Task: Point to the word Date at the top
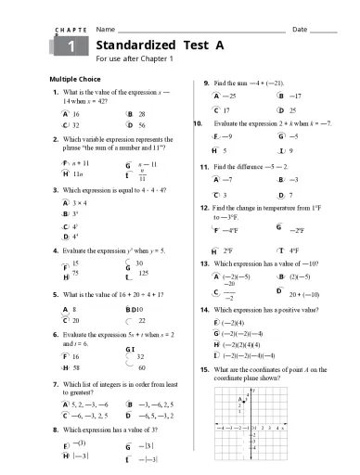(300, 29)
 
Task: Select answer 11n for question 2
(77, 173)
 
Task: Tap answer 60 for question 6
(142, 367)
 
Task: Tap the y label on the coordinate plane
(252, 393)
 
